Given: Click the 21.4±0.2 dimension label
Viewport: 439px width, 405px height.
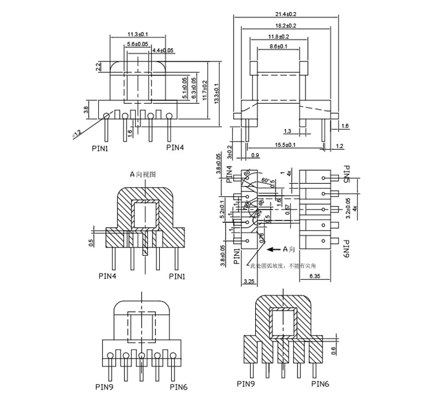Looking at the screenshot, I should (x=285, y=14).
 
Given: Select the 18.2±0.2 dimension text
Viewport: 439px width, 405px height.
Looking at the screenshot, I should (x=285, y=26).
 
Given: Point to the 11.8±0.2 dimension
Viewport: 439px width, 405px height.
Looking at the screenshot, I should (x=279, y=36).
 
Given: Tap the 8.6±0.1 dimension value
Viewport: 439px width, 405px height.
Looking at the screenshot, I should (x=279, y=47).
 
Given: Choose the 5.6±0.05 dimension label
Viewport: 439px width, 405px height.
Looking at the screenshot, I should (x=137, y=43).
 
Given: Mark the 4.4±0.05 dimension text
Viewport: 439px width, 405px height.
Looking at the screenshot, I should (x=163, y=50).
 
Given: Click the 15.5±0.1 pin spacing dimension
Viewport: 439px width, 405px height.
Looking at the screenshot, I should (x=285, y=144).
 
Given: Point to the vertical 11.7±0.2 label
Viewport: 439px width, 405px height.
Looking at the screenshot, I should (x=205, y=91).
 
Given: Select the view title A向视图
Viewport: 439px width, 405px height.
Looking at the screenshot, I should (x=143, y=174).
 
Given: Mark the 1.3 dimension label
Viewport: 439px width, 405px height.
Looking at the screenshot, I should (x=288, y=131).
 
